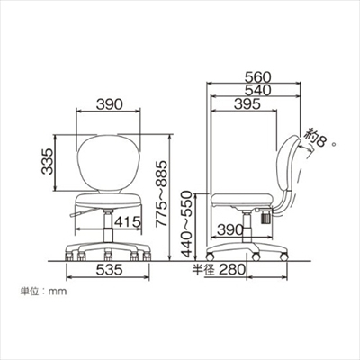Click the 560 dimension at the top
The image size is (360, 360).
click(257, 77)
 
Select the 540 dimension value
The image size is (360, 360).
click(257, 90)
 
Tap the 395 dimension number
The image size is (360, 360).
click(247, 103)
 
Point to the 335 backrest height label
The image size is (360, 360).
click(47, 161)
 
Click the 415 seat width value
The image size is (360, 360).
click(128, 222)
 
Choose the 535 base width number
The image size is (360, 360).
click(110, 269)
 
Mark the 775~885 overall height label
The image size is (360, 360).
click(162, 193)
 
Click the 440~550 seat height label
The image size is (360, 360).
click(186, 224)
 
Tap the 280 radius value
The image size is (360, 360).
click(232, 269)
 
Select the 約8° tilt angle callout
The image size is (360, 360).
click(318, 139)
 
